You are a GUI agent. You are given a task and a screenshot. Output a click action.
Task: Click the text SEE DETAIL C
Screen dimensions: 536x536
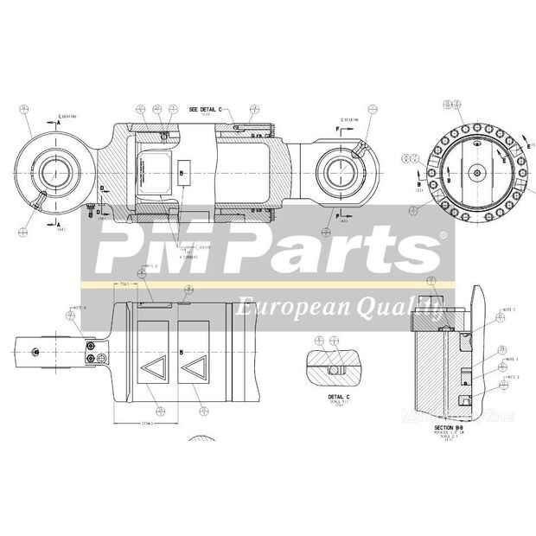pyautogui.click(x=206, y=111)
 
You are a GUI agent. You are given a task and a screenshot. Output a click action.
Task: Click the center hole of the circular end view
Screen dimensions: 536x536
pyautogui.click(x=476, y=173)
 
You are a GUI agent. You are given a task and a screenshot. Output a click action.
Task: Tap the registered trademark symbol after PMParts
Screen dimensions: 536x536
pyautogui.click(x=443, y=235)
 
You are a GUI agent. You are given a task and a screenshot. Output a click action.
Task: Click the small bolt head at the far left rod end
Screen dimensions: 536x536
pyautogui.click(x=35, y=351)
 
